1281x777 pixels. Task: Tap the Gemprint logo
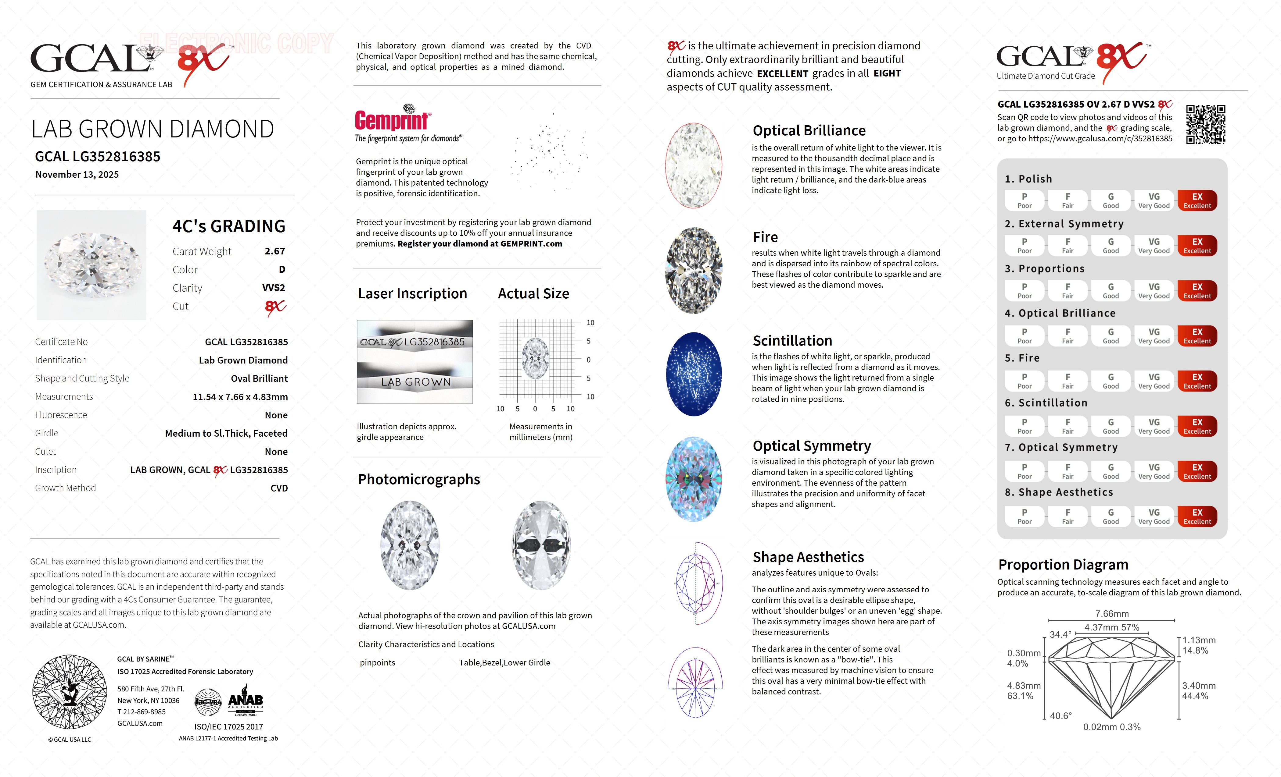coord(393,119)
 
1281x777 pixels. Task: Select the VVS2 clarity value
coord(274,288)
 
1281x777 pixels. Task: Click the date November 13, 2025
coord(77,175)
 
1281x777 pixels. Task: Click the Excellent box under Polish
coord(1197,200)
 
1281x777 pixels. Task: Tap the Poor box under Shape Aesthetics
coord(1024,516)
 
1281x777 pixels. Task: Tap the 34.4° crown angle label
coord(1060,635)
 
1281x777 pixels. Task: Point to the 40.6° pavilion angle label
coord(1060,716)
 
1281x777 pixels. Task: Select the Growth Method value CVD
coord(279,488)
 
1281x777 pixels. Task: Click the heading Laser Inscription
coord(412,294)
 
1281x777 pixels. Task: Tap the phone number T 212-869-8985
coord(142,712)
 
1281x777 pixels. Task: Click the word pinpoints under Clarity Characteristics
coord(378,663)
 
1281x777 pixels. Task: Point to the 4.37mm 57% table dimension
coord(1111,627)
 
